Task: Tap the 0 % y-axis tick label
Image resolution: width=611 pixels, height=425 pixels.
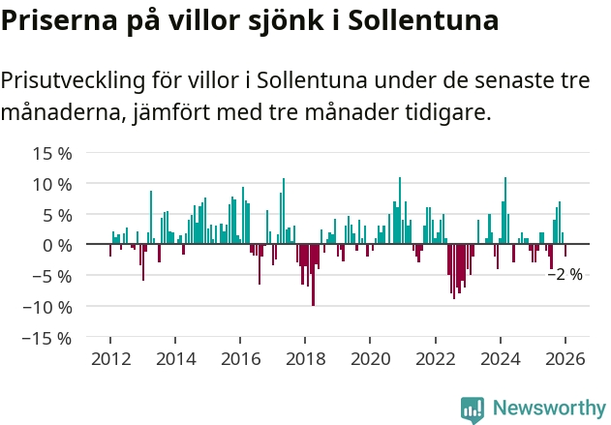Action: click(x=58, y=245)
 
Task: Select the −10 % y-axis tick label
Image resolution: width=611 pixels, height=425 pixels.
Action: click(x=48, y=307)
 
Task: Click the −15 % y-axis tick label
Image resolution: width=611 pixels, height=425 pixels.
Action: click(x=48, y=338)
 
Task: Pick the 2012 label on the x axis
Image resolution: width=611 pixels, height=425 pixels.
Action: click(x=110, y=358)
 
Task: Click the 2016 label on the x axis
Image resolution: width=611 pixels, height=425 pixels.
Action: click(x=240, y=358)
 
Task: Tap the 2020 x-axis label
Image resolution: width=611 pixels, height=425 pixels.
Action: click(x=370, y=358)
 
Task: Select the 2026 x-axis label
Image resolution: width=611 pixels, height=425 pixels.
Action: click(x=565, y=358)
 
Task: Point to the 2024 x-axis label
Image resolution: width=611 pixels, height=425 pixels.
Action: click(x=500, y=358)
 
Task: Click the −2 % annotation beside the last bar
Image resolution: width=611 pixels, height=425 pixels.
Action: click(x=565, y=274)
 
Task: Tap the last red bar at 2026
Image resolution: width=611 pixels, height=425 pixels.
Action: click(x=565, y=251)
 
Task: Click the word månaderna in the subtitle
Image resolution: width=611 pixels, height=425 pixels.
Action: click(x=61, y=113)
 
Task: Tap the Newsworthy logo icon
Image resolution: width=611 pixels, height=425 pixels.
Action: click(x=473, y=409)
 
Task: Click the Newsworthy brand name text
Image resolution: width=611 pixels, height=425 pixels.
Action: click(x=549, y=409)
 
